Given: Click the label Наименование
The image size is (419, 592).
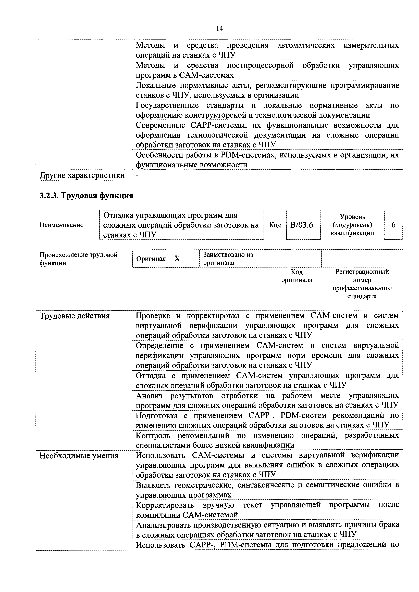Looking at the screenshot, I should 61,225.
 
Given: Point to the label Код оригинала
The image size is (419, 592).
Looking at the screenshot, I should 297,276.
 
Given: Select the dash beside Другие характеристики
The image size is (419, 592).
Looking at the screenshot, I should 137,175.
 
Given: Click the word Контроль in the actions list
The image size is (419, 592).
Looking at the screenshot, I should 153,436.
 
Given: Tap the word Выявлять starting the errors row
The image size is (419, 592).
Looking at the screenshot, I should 153,485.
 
